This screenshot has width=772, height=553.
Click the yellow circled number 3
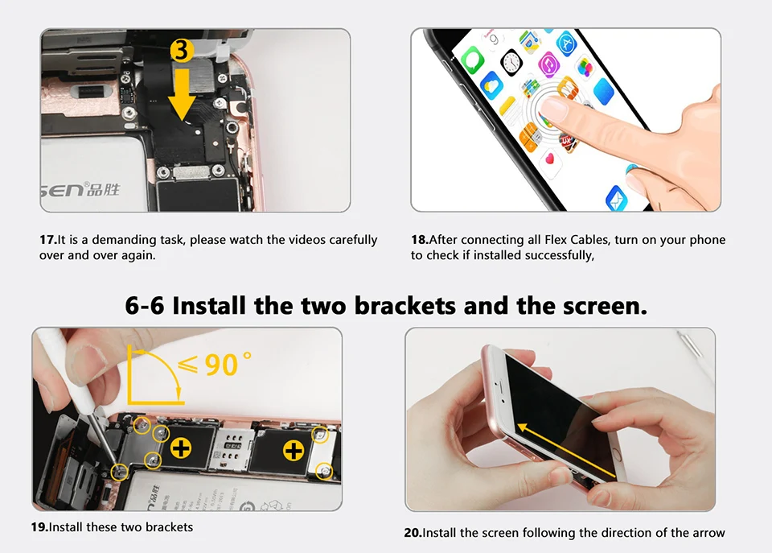click(182, 50)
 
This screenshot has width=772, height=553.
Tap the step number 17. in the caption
click(47, 240)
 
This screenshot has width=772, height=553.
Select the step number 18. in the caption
click(420, 240)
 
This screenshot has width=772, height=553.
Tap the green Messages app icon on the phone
click(473, 60)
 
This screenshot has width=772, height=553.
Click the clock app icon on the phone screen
click(511, 62)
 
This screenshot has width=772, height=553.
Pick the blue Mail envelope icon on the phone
click(617, 198)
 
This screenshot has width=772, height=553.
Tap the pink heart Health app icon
click(549, 159)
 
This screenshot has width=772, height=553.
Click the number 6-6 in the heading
click(144, 306)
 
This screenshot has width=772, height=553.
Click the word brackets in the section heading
click(405, 306)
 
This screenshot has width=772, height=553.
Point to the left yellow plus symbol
click(181, 448)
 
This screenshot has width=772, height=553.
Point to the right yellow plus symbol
click(294, 451)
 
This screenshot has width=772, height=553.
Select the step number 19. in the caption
click(39, 527)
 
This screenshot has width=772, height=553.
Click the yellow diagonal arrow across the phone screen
click(566, 451)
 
